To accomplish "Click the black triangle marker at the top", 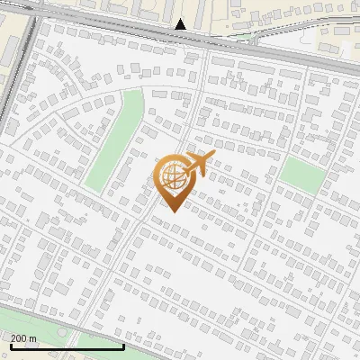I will (181, 24).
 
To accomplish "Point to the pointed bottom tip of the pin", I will (171, 211).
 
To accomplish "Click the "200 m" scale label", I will (23, 337).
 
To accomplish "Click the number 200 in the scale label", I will (19, 337).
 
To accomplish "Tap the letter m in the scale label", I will (33, 337).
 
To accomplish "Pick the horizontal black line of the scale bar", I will (67, 346).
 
